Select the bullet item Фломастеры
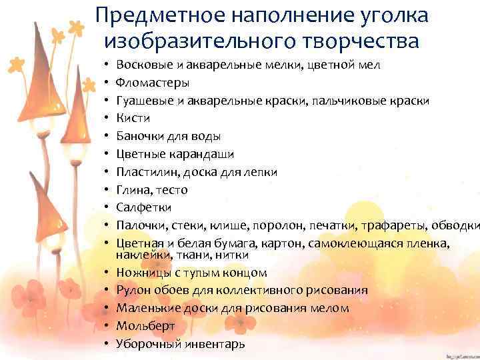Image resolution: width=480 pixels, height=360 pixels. click(152, 83)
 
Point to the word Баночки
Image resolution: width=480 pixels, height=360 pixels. click(141, 136)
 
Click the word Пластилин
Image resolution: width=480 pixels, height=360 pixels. click(145, 172)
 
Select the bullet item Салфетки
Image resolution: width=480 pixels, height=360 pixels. click(143, 207)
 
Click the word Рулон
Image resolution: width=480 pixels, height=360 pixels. click(132, 291)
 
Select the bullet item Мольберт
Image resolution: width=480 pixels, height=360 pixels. click(145, 326)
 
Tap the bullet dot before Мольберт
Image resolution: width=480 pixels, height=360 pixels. click(107, 327)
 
